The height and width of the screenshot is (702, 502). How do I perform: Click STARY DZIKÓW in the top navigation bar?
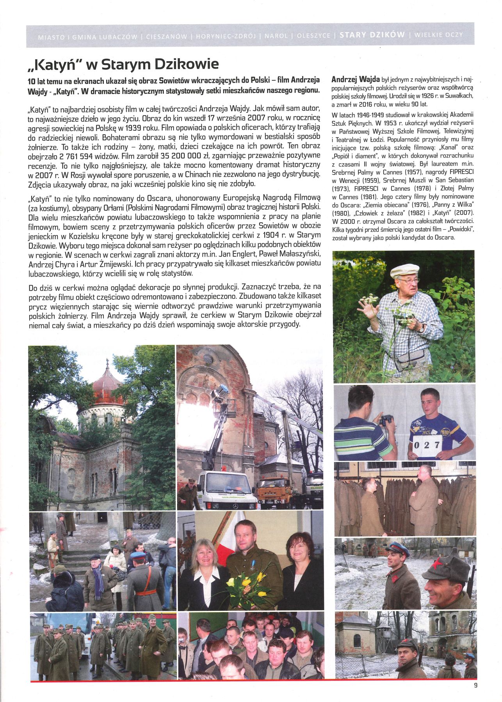pos(372,35)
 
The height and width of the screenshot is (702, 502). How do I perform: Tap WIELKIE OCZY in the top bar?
pos(438,35)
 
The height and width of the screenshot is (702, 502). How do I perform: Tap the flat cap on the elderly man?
pos(405,270)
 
